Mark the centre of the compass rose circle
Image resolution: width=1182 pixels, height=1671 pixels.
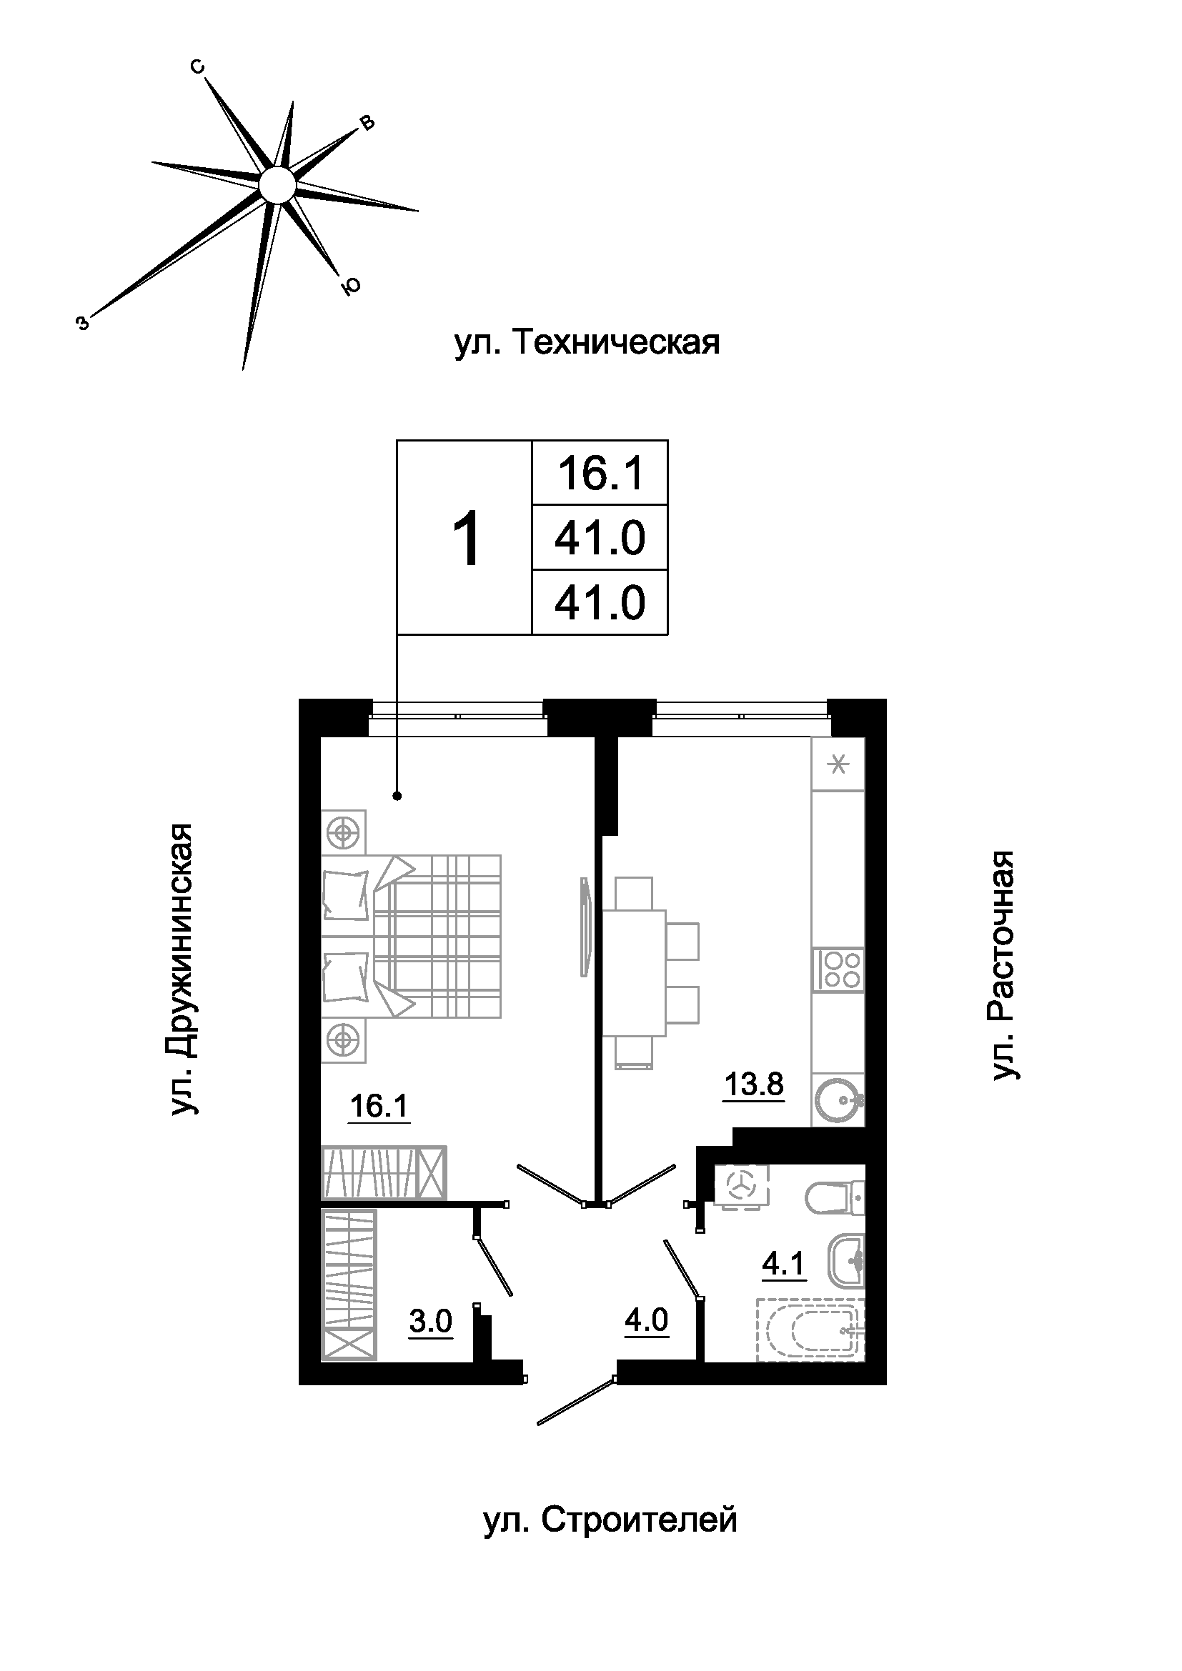pos(277,184)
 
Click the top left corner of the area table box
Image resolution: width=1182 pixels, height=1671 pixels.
pos(397,440)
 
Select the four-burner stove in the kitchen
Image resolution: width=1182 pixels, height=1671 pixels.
pos(838,970)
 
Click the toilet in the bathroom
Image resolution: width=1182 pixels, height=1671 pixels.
pos(835,1197)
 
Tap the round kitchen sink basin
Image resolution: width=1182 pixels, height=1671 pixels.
pos(838,1105)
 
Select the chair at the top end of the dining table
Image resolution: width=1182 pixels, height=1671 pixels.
pos(634,894)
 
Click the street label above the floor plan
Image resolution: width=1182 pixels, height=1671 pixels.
pos(587,343)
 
